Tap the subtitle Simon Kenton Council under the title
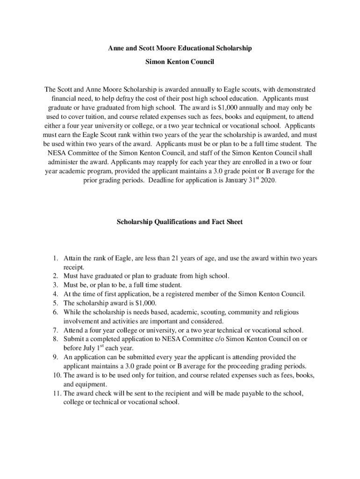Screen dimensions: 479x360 point(180,62)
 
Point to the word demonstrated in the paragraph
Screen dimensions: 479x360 point(289,89)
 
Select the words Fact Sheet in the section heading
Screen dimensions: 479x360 point(227,222)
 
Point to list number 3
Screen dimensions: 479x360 point(55,285)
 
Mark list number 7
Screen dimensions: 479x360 point(55,330)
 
